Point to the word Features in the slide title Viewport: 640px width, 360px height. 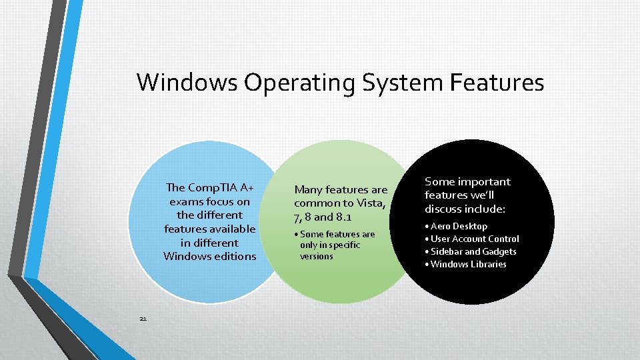(x=497, y=83)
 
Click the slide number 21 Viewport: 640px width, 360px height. (x=143, y=319)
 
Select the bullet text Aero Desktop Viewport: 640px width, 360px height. (x=459, y=226)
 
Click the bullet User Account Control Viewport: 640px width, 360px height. (x=475, y=239)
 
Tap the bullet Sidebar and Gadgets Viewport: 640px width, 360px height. (x=473, y=251)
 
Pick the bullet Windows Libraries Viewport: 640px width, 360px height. (x=468, y=264)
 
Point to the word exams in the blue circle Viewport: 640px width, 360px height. (x=187, y=201)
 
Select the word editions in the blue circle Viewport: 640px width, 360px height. (x=235, y=256)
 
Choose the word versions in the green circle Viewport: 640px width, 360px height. (x=316, y=256)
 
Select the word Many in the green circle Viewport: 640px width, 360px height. (x=309, y=190)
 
